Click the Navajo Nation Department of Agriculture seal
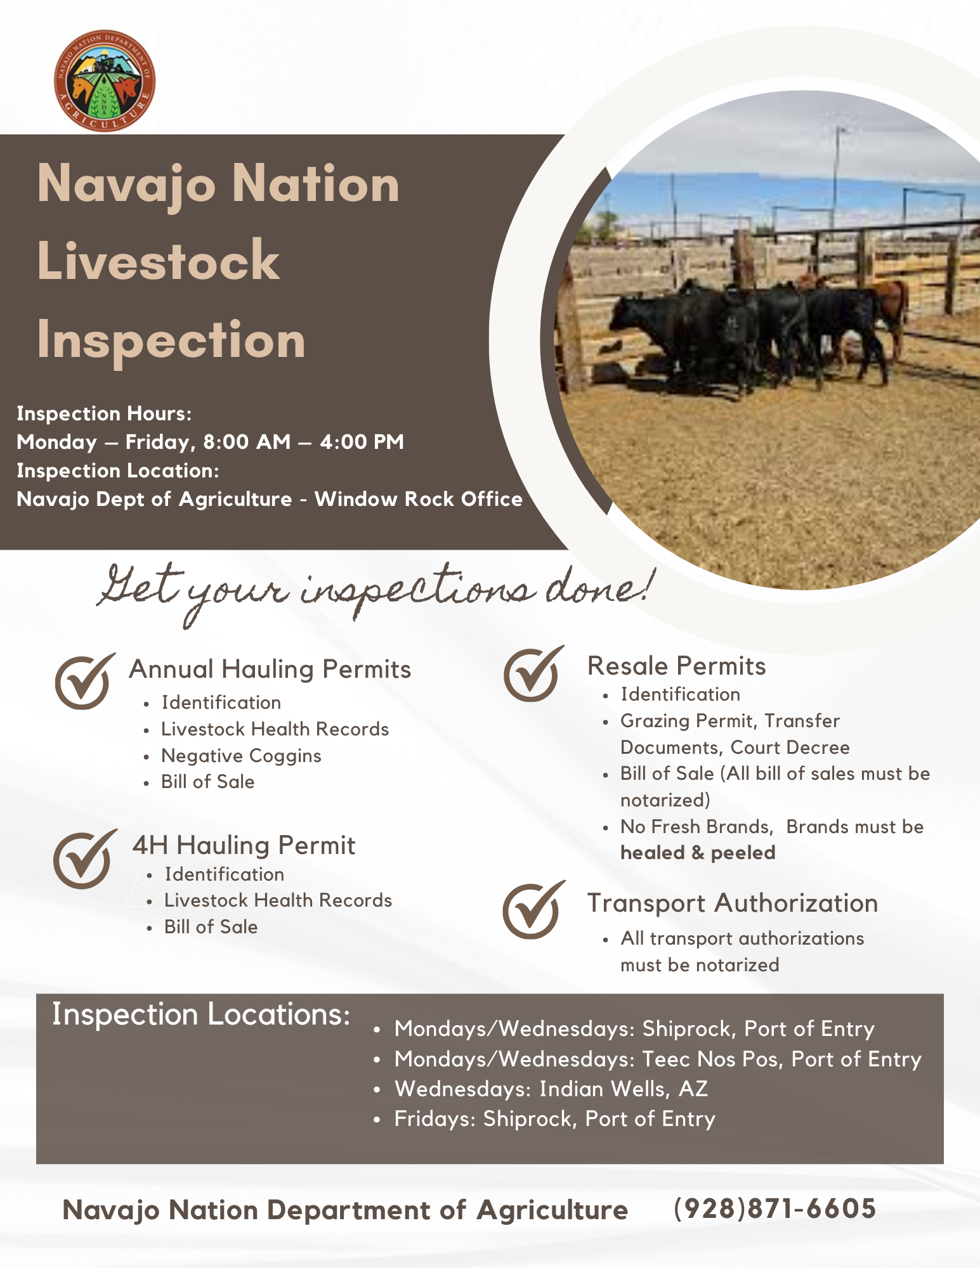point(105,81)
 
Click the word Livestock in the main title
point(159,261)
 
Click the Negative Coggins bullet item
point(241,756)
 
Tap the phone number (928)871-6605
point(774,1208)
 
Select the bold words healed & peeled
point(698,853)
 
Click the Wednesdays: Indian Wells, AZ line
point(551,1089)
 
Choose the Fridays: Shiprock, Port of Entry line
point(554,1119)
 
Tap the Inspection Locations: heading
point(201,1014)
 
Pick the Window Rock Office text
point(419,499)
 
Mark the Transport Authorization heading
point(733,903)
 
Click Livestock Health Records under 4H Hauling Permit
point(278,900)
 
